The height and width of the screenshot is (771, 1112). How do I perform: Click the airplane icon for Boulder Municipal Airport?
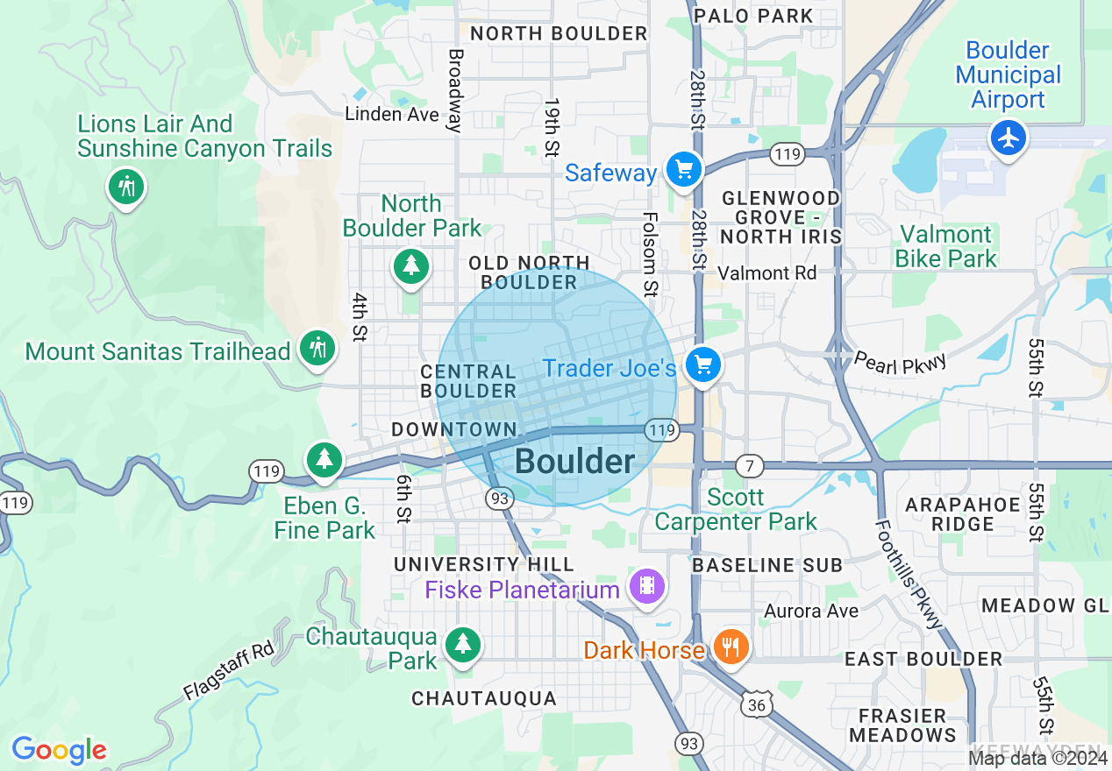tap(1009, 138)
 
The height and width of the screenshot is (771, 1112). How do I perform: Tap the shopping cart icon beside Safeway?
tap(683, 169)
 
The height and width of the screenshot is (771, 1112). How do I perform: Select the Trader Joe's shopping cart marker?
tap(702, 364)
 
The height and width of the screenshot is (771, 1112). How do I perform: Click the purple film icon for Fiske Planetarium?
tap(647, 585)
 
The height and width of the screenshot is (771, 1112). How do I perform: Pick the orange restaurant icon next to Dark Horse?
tap(729, 647)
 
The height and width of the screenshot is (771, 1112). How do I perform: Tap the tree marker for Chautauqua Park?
tap(462, 644)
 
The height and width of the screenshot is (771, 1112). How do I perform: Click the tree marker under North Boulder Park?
tap(410, 264)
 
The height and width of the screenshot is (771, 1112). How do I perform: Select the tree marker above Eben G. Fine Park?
tap(324, 458)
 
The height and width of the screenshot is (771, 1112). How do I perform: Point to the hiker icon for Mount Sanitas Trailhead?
tap(317, 348)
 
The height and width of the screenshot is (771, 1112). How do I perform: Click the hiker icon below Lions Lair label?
tap(127, 187)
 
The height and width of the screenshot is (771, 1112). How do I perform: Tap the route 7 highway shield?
tap(749, 465)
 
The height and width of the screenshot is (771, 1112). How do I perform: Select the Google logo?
tap(59, 750)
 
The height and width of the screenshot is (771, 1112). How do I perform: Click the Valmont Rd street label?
tap(766, 273)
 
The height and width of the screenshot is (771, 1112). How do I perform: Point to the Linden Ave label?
tap(391, 114)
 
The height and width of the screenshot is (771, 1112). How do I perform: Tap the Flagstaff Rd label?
tap(228, 670)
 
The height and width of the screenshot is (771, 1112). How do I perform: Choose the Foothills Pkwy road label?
tap(909, 573)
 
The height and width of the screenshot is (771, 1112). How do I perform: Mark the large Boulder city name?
tap(574, 462)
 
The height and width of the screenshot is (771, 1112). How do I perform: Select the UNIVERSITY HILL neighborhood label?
tap(484, 564)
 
